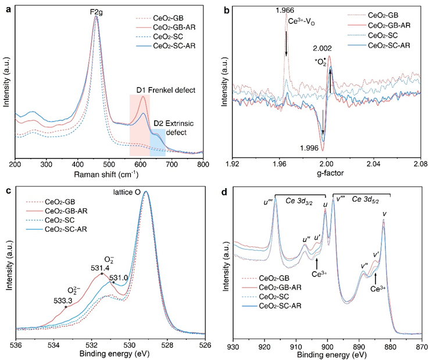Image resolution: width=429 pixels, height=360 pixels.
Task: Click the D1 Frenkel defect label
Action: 165,90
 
